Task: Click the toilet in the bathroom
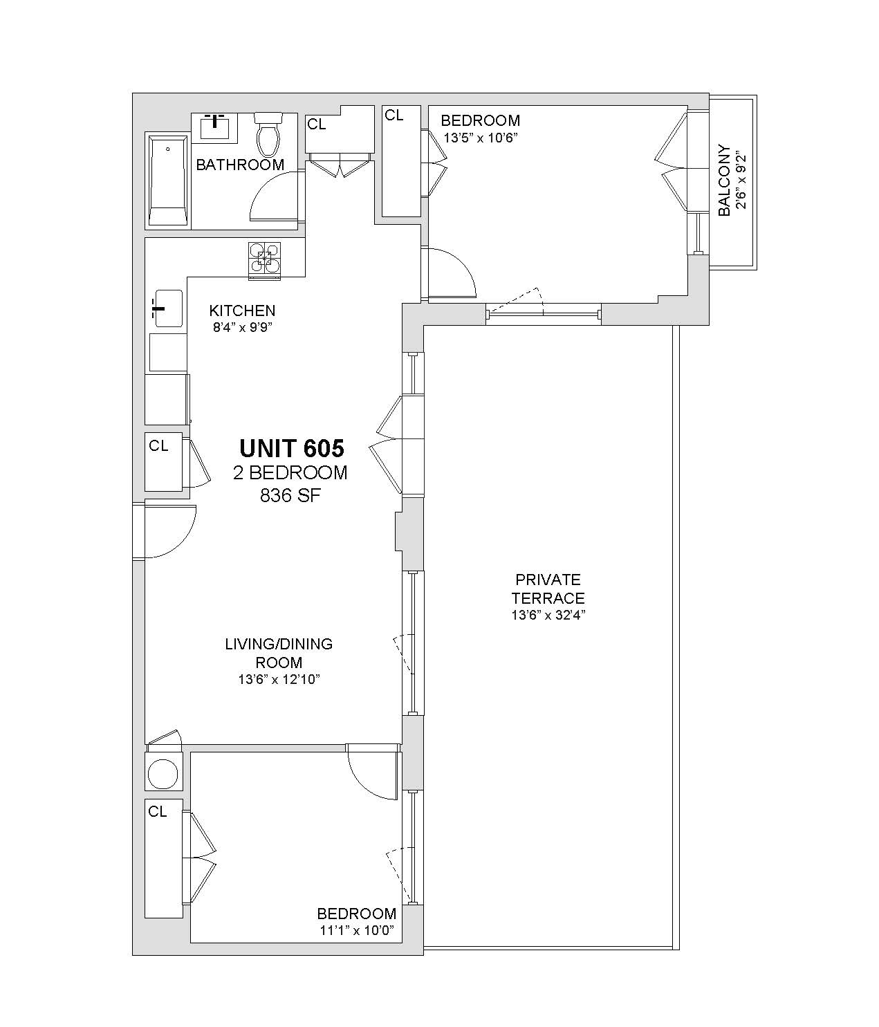[268, 133]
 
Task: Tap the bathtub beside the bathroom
[169, 181]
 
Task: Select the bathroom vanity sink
[214, 127]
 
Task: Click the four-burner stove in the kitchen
[264, 259]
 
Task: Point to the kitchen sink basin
[169, 308]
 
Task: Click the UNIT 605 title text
[292, 448]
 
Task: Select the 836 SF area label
[290, 496]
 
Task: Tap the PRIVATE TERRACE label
[548, 589]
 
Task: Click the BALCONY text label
[725, 181]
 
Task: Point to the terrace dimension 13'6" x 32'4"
[548, 615]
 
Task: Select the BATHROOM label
[240, 165]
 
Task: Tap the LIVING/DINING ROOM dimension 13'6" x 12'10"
[279, 680]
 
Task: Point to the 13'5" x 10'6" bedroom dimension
[481, 138]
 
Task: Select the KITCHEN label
[242, 311]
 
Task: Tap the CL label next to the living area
[158, 446]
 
